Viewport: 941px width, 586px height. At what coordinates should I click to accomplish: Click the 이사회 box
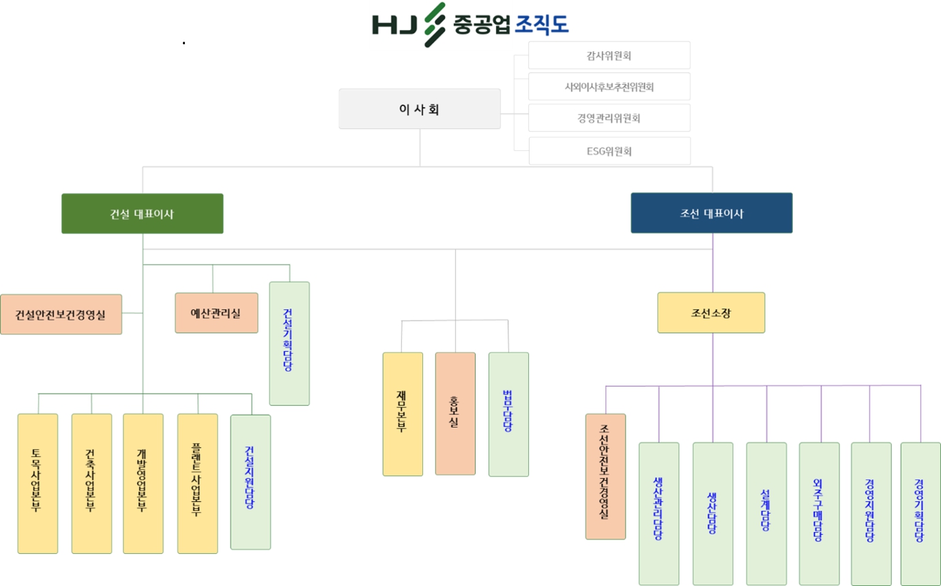(419, 108)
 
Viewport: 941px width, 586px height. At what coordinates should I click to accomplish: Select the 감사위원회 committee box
(609, 55)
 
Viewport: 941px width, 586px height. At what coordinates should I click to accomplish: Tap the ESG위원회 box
(609, 151)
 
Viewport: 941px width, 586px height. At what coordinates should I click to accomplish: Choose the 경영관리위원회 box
(609, 118)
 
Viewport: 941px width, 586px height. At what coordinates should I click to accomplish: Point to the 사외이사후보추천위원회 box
(609, 87)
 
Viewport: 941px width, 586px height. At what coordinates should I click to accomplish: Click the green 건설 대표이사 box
(142, 214)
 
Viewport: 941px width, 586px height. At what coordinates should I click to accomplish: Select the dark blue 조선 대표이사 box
(711, 214)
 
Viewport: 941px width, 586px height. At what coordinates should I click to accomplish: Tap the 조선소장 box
(711, 313)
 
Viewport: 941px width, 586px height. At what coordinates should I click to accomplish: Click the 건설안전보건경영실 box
(61, 314)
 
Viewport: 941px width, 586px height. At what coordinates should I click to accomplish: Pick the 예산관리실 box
(216, 313)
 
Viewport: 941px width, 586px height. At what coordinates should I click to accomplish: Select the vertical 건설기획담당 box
(289, 343)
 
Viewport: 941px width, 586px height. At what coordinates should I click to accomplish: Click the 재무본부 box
(403, 413)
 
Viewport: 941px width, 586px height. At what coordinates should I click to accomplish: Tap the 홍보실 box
(455, 413)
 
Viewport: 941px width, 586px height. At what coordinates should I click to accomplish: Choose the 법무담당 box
(508, 413)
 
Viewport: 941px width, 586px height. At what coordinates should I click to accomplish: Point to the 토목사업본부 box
(38, 483)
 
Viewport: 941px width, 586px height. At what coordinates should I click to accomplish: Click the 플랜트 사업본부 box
(197, 483)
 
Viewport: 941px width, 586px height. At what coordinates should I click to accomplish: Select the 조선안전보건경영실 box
(605, 476)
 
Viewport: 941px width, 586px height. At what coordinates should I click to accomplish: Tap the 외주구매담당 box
(819, 513)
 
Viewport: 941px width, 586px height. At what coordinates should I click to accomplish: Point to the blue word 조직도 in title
(542, 25)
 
